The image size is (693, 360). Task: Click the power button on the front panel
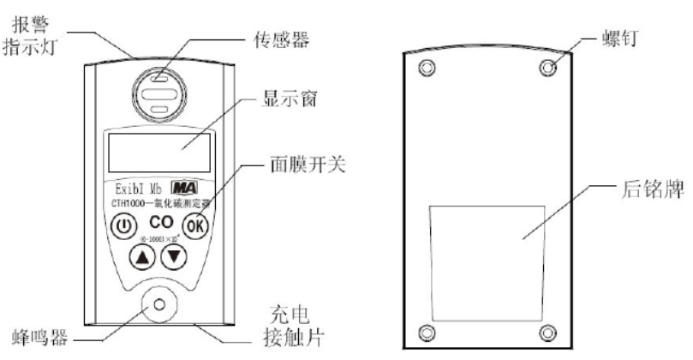(124, 227)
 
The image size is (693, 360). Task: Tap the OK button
(196, 227)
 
